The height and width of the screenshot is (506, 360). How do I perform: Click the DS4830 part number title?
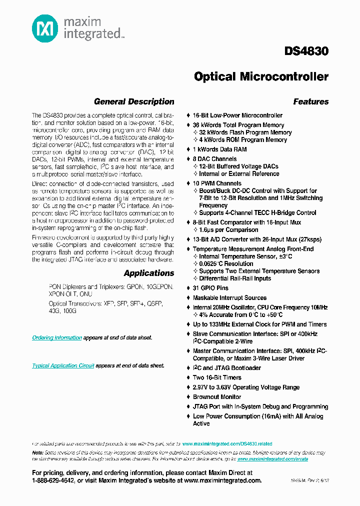[x=306, y=51]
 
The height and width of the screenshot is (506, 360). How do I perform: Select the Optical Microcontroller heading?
[x=261, y=76]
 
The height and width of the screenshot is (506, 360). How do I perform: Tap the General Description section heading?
[x=134, y=101]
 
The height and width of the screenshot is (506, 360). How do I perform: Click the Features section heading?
[x=310, y=101]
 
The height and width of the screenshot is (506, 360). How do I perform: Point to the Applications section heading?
[x=149, y=273]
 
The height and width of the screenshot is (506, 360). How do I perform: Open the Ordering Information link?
[x=57, y=337]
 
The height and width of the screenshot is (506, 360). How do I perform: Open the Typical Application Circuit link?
[x=63, y=365]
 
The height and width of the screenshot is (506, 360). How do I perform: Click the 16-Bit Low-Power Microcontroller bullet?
[x=237, y=115]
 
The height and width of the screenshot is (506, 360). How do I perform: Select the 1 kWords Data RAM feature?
[x=219, y=149]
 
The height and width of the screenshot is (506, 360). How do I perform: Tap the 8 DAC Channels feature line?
[x=214, y=159]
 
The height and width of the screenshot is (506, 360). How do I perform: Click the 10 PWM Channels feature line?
[x=217, y=183]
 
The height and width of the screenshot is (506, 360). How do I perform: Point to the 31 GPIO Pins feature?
[x=210, y=288]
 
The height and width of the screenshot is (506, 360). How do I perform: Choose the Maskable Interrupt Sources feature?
[x=229, y=298]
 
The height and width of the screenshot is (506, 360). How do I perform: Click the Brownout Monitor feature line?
[x=217, y=397]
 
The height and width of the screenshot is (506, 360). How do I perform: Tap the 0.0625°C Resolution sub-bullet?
[x=226, y=263]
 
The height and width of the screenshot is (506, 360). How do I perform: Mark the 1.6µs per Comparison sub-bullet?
[x=228, y=230]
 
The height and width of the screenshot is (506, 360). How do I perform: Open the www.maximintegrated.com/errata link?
[x=272, y=458]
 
